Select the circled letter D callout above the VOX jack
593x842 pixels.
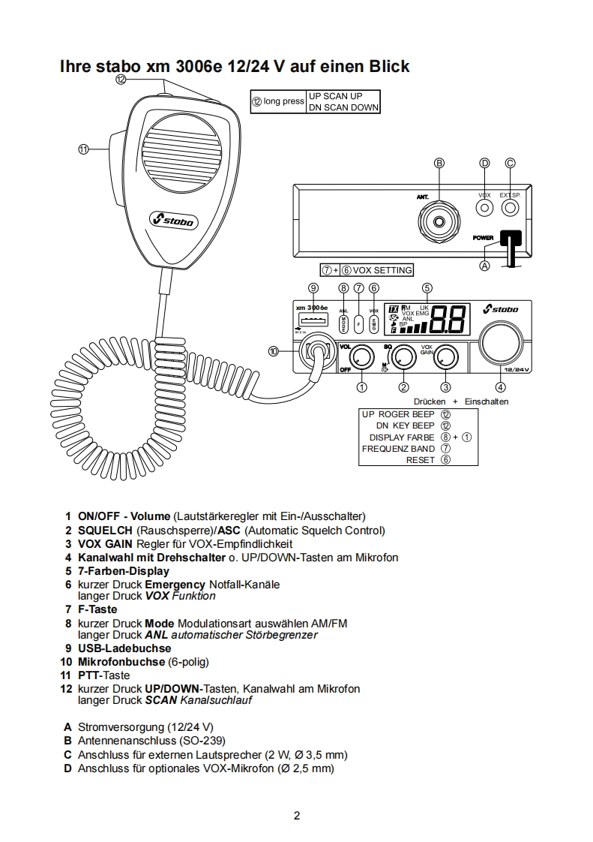[484, 163]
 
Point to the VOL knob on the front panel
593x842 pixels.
[362, 356]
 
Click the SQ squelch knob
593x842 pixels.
[404, 356]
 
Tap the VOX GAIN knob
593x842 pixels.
[446, 356]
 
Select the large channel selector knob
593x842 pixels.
[501, 342]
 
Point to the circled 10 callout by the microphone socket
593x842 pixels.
[274, 350]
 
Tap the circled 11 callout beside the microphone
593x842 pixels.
[84, 149]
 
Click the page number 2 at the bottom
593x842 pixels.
[297, 816]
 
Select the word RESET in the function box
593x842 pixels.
[420, 460]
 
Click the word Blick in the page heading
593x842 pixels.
[388, 66]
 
